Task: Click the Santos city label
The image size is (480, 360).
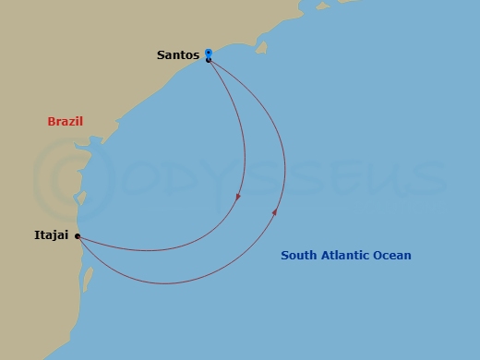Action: click(x=178, y=55)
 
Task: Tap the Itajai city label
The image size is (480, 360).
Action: click(x=52, y=236)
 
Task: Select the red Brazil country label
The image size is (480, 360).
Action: click(x=66, y=122)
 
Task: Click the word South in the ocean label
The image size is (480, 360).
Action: click(x=299, y=256)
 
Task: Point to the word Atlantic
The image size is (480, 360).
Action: click(x=349, y=256)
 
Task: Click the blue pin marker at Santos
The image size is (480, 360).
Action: click(x=209, y=53)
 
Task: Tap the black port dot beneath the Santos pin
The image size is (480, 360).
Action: click(x=209, y=61)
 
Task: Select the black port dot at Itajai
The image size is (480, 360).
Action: click(x=78, y=236)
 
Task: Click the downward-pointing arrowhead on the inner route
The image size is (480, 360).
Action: click(x=238, y=196)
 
